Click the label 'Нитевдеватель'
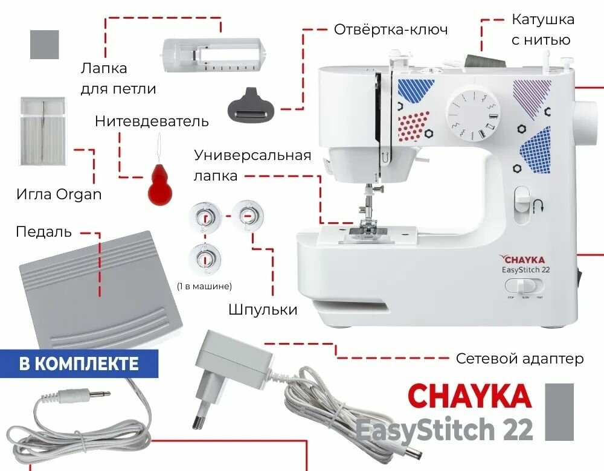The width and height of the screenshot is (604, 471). pyautogui.click(x=152, y=121)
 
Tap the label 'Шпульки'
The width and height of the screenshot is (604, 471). pyautogui.click(x=263, y=310)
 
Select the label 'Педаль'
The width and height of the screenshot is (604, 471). pyautogui.click(x=43, y=232)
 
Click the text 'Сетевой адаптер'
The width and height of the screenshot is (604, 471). pyautogui.click(x=519, y=359)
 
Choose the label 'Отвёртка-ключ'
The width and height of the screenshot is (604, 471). pyautogui.click(x=391, y=29)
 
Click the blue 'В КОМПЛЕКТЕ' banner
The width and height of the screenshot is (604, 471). pyautogui.click(x=79, y=364)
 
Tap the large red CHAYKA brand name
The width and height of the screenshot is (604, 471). pyautogui.click(x=469, y=396)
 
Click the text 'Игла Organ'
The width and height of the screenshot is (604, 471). pyautogui.click(x=59, y=194)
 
